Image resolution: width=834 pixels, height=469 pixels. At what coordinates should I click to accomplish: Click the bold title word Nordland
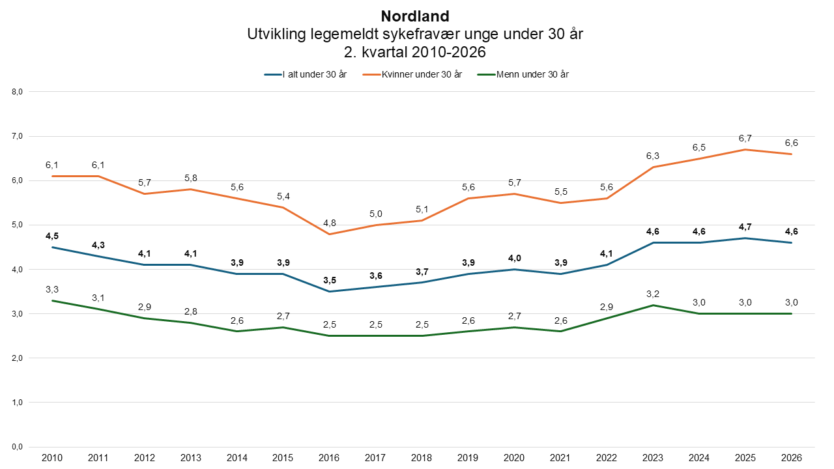415,16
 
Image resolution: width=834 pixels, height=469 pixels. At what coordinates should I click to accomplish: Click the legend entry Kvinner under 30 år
412,74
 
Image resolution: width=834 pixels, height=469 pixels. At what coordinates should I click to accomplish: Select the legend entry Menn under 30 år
523,74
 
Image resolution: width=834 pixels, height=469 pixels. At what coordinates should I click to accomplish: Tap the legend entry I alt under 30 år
306,74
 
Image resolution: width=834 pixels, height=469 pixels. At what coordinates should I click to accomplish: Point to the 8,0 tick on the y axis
17,92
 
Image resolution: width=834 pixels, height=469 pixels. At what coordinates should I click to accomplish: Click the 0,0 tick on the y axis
17,447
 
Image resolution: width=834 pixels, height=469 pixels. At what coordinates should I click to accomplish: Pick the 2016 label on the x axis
329,458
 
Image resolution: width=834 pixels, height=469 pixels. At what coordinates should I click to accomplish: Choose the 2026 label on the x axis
791,458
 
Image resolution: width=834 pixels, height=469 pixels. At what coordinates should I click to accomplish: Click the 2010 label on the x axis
52,458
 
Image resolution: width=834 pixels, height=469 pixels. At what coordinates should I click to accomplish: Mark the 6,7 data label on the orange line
745,139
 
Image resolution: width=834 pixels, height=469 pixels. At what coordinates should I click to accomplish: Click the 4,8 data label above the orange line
329,223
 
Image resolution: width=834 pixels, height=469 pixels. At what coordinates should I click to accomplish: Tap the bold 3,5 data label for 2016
329,280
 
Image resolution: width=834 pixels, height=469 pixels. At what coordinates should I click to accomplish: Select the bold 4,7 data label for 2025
745,227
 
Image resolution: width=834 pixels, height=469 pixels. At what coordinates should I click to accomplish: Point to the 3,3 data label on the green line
52,289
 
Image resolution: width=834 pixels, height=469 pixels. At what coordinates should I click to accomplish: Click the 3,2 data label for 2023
653,294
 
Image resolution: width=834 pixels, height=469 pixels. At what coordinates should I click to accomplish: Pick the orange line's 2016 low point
329,234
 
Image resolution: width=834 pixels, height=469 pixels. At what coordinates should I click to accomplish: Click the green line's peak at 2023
653,306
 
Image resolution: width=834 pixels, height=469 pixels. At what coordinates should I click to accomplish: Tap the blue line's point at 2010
52,247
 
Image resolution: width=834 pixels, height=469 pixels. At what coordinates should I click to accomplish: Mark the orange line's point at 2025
745,150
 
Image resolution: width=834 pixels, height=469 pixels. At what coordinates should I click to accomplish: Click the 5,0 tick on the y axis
17,225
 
